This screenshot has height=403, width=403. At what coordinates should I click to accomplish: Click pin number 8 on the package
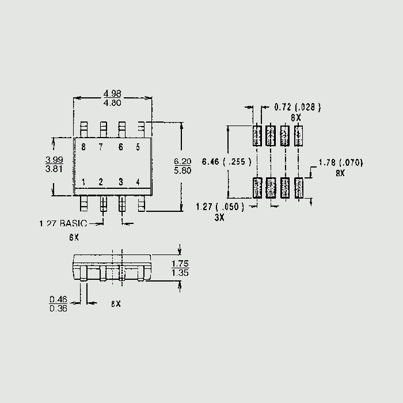(83, 147)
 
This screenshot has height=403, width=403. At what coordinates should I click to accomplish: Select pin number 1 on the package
(83, 183)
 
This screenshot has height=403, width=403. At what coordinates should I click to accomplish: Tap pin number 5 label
(138, 147)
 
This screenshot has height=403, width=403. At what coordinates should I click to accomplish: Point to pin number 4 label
(138, 183)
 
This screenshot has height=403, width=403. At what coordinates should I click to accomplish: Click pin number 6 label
(120, 147)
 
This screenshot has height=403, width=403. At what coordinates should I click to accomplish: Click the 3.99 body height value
(54, 159)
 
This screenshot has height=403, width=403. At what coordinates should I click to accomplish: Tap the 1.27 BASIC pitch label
(63, 223)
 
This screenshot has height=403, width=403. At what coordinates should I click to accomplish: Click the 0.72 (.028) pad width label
(297, 107)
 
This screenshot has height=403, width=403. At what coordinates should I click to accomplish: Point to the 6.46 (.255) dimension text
(226, 162)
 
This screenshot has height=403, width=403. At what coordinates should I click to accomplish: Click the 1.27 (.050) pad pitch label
(220, 207)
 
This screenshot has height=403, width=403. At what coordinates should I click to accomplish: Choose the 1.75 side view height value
(180, 264)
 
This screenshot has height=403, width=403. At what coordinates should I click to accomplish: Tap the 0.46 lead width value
(58, 299)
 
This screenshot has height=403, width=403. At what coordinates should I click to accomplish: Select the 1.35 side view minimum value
(180, 273)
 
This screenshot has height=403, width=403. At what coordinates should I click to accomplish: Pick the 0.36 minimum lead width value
(58, 309)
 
